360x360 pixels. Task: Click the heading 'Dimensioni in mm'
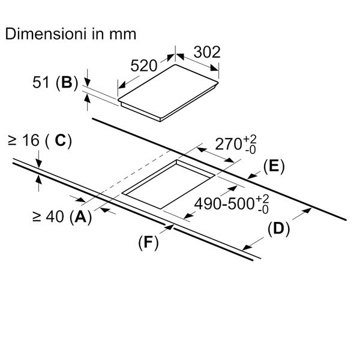click(x=71, y=34)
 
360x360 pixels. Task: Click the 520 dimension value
click(x=145, y=66)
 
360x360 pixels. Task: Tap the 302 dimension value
click(x=208, y=52)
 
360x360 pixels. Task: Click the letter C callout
click(x=60, y=141)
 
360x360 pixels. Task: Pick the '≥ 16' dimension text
click(x=24, y=141)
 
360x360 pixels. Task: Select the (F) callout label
click(x=148, y=242)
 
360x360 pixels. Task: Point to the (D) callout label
click(x=278, y=228)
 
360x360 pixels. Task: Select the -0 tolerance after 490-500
click(x=262, y=210)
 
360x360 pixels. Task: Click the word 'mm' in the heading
click(x=122, y=34)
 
